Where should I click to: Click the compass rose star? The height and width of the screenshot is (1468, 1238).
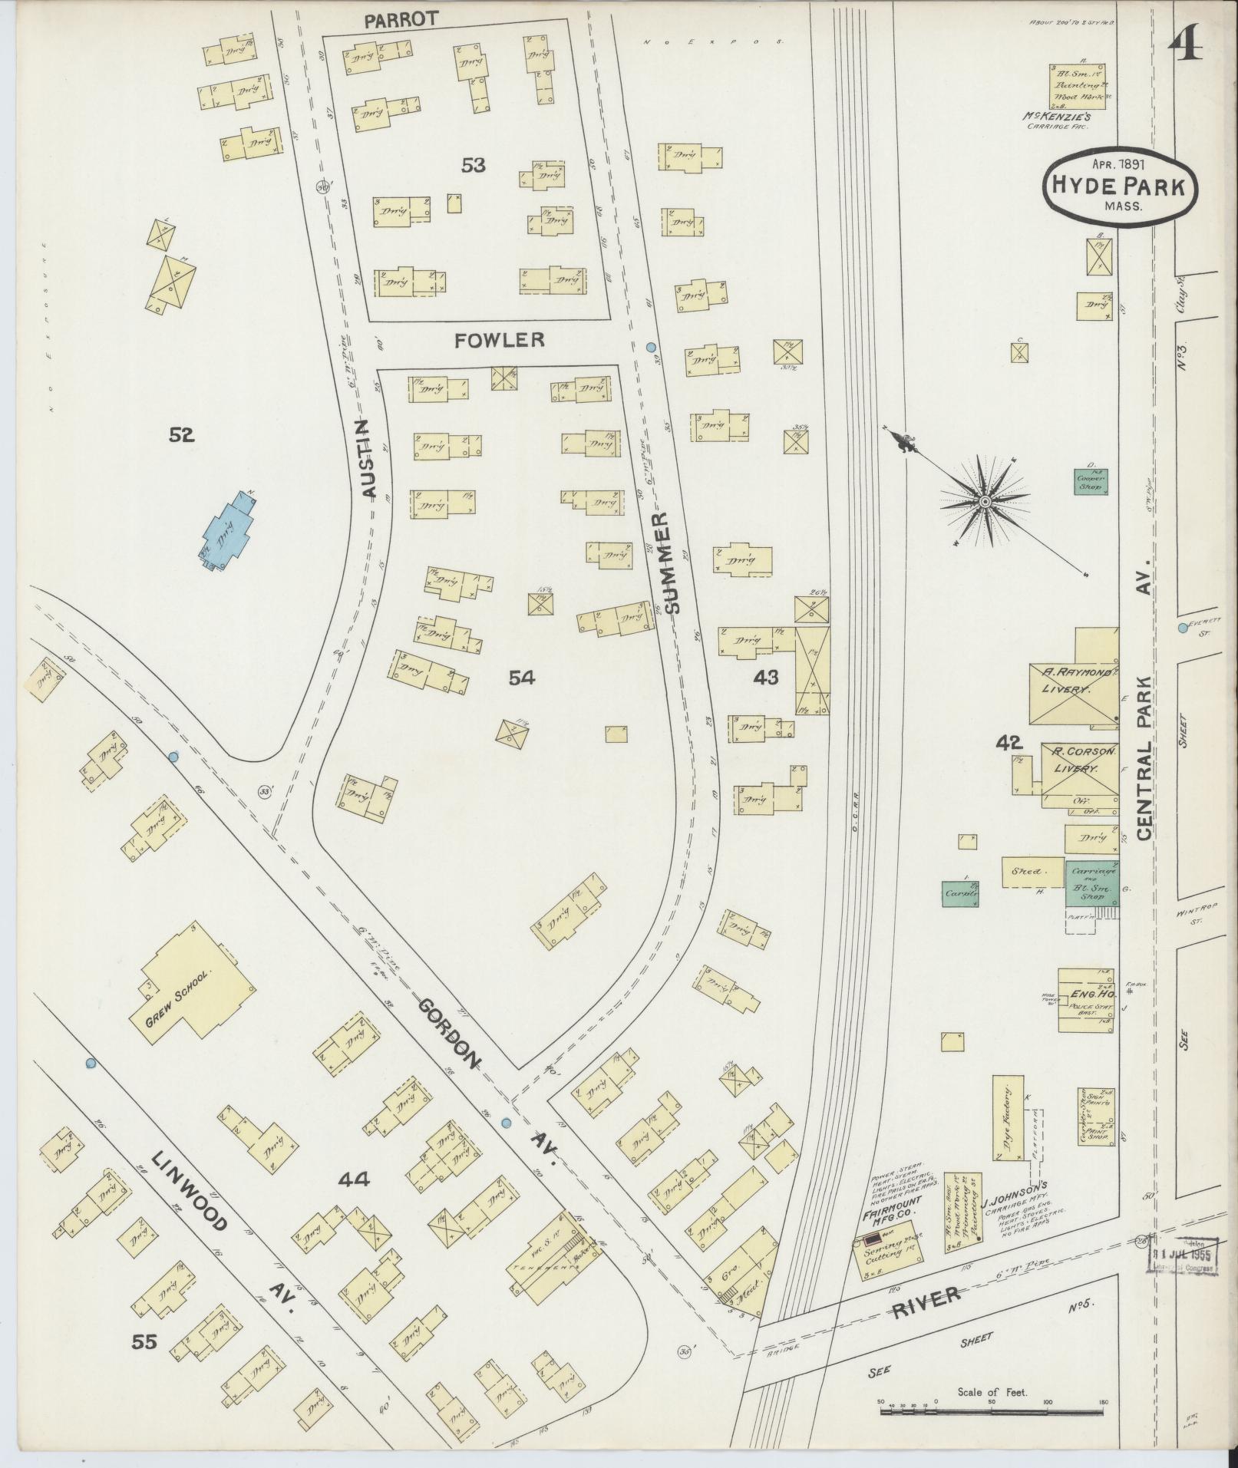click(x=983, y=503)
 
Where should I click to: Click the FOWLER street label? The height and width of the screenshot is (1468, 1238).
click(x=499, y=340)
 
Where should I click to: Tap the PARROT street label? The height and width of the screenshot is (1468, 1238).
click(x=395, y=21)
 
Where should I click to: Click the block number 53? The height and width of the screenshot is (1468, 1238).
click(x=474, y=164)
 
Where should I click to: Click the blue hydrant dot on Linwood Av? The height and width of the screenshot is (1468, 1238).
click(x=91, y=1063)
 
